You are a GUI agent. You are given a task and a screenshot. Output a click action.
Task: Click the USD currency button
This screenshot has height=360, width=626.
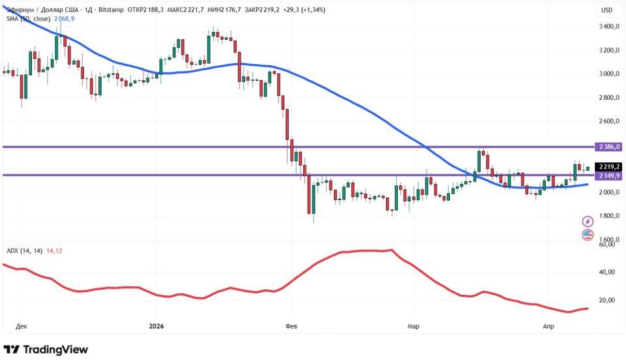pos(606,10)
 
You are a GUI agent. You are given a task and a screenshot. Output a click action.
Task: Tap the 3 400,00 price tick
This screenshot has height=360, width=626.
pos(609,27)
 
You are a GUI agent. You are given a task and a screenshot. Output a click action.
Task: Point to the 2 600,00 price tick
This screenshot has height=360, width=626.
pos(609,121)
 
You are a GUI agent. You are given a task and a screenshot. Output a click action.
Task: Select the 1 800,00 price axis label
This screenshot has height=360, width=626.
pos(609,217)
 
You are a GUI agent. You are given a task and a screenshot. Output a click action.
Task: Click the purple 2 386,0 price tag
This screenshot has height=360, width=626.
pos(608,147)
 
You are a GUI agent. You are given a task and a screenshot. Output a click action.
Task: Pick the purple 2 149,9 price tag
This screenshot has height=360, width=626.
pos(608,175)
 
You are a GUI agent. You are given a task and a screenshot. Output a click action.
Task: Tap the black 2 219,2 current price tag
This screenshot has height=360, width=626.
pos(608,166)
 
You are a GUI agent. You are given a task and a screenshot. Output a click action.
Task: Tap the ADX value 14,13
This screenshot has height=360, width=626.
pos(55,250)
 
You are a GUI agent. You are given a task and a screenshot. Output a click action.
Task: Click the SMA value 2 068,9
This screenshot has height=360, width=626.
pos(63,20)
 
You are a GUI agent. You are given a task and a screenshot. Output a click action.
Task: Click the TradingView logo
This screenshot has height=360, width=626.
pos(46,350)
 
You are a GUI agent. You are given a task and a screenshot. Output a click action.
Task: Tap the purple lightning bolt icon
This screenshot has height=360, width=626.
pos(588,222)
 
